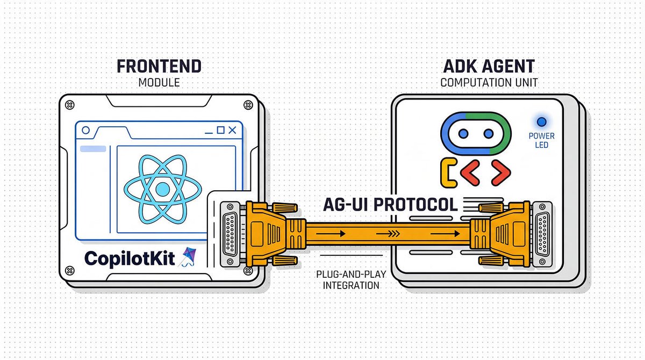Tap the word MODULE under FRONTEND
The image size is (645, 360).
(x=160, y=84)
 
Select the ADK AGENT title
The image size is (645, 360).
(x=488, y=67)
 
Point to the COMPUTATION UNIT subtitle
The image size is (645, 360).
(x=488, y=84)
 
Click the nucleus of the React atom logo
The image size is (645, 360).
(x=162, y=189)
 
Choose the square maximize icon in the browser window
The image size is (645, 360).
(x=220, y=131)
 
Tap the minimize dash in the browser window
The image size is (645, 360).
(x=207, y=131)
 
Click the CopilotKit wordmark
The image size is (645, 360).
(x=130, y=258)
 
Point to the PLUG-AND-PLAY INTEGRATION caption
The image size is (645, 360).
(x=351, y=279)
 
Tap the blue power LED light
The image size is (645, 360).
(x=541, y=123)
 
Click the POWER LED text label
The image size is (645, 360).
(x=541, y=140)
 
